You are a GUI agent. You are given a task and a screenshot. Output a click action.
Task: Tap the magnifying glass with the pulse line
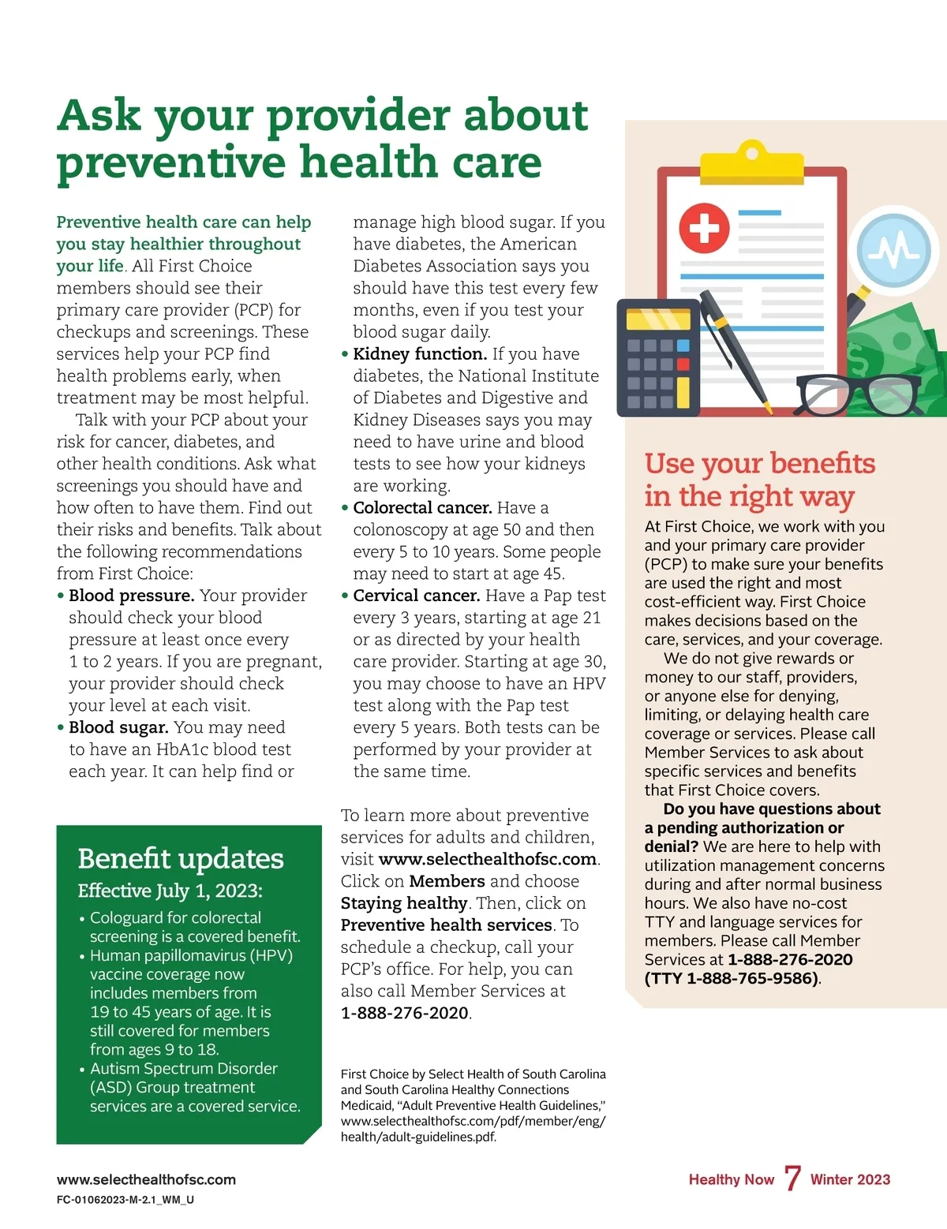click(894, 251)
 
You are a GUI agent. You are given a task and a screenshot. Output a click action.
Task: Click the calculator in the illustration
click(657, 358)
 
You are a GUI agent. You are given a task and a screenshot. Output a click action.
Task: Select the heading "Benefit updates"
click(181, 858)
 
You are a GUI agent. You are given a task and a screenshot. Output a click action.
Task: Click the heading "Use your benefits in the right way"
click(759, 480)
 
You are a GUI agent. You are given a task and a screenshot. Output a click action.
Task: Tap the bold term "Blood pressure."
click(131, 596)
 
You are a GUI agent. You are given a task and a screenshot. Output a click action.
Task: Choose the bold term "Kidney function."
click(419, 354)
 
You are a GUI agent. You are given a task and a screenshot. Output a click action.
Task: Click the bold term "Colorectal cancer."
click(422, 508)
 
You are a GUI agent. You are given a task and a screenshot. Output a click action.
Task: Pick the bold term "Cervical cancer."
click(416, 596)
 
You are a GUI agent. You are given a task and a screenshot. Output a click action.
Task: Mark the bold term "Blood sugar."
click(118, 727)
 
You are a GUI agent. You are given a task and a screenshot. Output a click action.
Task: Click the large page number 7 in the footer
click(792, 1179)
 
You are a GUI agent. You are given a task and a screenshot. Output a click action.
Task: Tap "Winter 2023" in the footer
click(850, 1179)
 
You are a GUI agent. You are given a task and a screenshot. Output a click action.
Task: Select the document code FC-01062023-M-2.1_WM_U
click(125, 1200)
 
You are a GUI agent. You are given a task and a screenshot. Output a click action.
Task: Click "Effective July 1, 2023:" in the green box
click(170, 891)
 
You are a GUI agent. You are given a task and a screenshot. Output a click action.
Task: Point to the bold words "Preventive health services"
click(446, 925)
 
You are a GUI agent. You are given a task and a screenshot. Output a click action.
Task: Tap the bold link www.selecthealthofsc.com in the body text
click(487, 859)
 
